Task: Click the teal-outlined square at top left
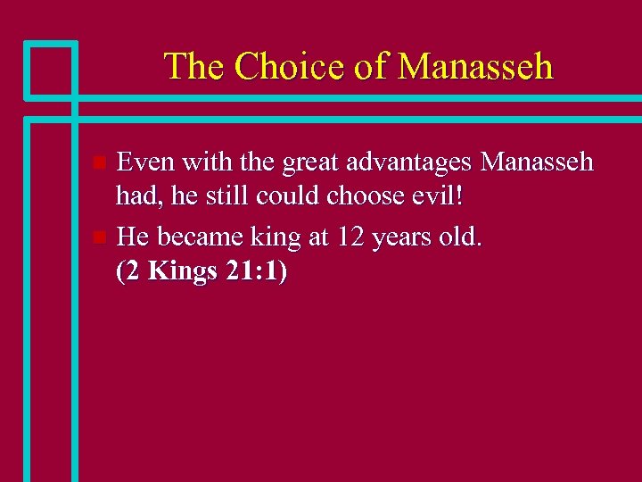click(50, 69)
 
